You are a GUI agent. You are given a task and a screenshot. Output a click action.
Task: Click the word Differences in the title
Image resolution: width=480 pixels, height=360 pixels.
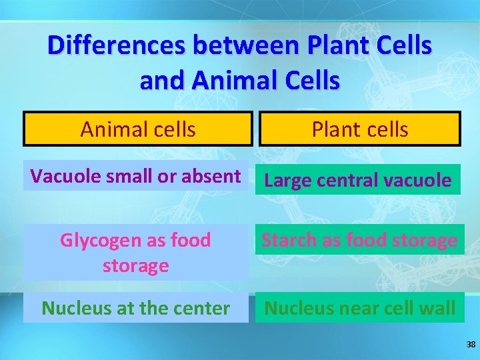point(117,45)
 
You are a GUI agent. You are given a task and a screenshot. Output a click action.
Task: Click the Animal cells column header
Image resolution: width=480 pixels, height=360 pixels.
point(138,129)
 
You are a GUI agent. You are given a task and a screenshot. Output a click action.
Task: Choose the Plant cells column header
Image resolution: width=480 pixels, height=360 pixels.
point(359,129)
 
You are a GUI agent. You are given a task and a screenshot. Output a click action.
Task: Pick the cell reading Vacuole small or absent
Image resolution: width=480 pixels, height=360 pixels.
point(136,176)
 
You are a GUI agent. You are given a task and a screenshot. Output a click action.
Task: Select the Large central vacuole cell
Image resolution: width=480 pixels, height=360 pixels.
point(358,180)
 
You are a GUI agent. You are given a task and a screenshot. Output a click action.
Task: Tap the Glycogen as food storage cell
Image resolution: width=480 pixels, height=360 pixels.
point(136,253)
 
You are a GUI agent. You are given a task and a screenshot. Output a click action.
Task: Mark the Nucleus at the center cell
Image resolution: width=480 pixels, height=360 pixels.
point(136,308)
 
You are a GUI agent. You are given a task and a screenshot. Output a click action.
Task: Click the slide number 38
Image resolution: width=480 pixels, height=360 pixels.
point(471,345)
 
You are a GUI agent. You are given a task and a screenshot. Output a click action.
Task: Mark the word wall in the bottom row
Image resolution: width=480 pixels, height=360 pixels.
point(439,308)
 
